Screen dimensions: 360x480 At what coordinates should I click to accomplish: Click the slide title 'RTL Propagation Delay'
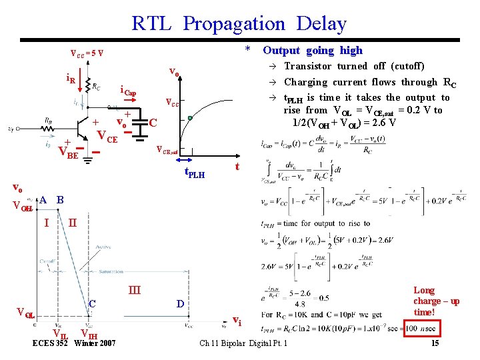239,24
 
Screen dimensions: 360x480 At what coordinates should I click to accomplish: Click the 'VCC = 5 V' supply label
87,54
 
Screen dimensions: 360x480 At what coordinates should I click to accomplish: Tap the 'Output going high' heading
313,50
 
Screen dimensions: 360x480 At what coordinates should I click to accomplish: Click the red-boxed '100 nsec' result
420,329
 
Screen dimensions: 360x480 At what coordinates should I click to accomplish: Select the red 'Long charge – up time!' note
436,301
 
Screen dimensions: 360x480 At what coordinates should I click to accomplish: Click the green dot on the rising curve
189,119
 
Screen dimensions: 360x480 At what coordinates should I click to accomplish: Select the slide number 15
435,343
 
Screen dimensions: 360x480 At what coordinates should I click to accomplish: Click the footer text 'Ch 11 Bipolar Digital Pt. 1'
244,343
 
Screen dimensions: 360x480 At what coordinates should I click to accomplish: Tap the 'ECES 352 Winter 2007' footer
74,343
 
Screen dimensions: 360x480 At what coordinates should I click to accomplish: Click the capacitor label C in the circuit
153,123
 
